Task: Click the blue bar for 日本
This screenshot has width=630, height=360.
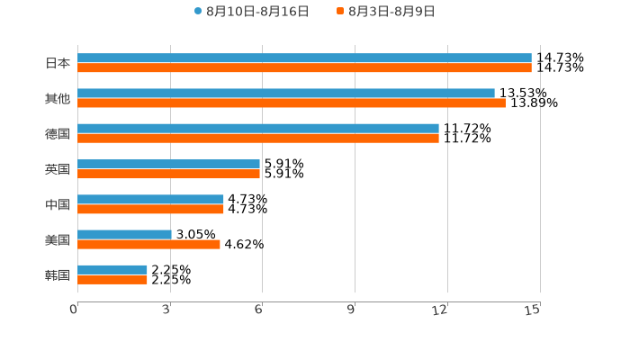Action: (304, 58)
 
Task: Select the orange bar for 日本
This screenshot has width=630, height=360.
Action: (304, 68)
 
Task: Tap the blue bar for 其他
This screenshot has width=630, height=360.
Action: (286, 94)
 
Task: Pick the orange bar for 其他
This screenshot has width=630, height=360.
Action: (292, 103)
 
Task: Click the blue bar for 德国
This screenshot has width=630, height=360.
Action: (258, 129)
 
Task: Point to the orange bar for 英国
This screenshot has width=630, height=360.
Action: (168, 175)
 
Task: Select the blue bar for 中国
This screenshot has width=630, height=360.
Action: (150, 200)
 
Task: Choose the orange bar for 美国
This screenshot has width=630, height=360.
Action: (148, 245)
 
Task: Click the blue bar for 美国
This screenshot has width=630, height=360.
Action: (124, 235)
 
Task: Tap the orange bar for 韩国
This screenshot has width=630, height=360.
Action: (112, 280)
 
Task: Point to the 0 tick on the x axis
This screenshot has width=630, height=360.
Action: (75, 310)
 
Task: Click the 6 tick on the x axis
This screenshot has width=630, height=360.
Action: (259, 310)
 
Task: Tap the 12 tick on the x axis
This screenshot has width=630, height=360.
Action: (440, 310)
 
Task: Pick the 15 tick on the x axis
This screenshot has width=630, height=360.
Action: (533, 310)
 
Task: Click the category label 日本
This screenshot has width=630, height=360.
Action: (58, 64)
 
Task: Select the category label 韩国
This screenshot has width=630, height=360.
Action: (58, 275)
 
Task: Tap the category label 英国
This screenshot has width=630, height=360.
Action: (58, 169)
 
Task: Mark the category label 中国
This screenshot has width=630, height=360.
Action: (58, 205)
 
